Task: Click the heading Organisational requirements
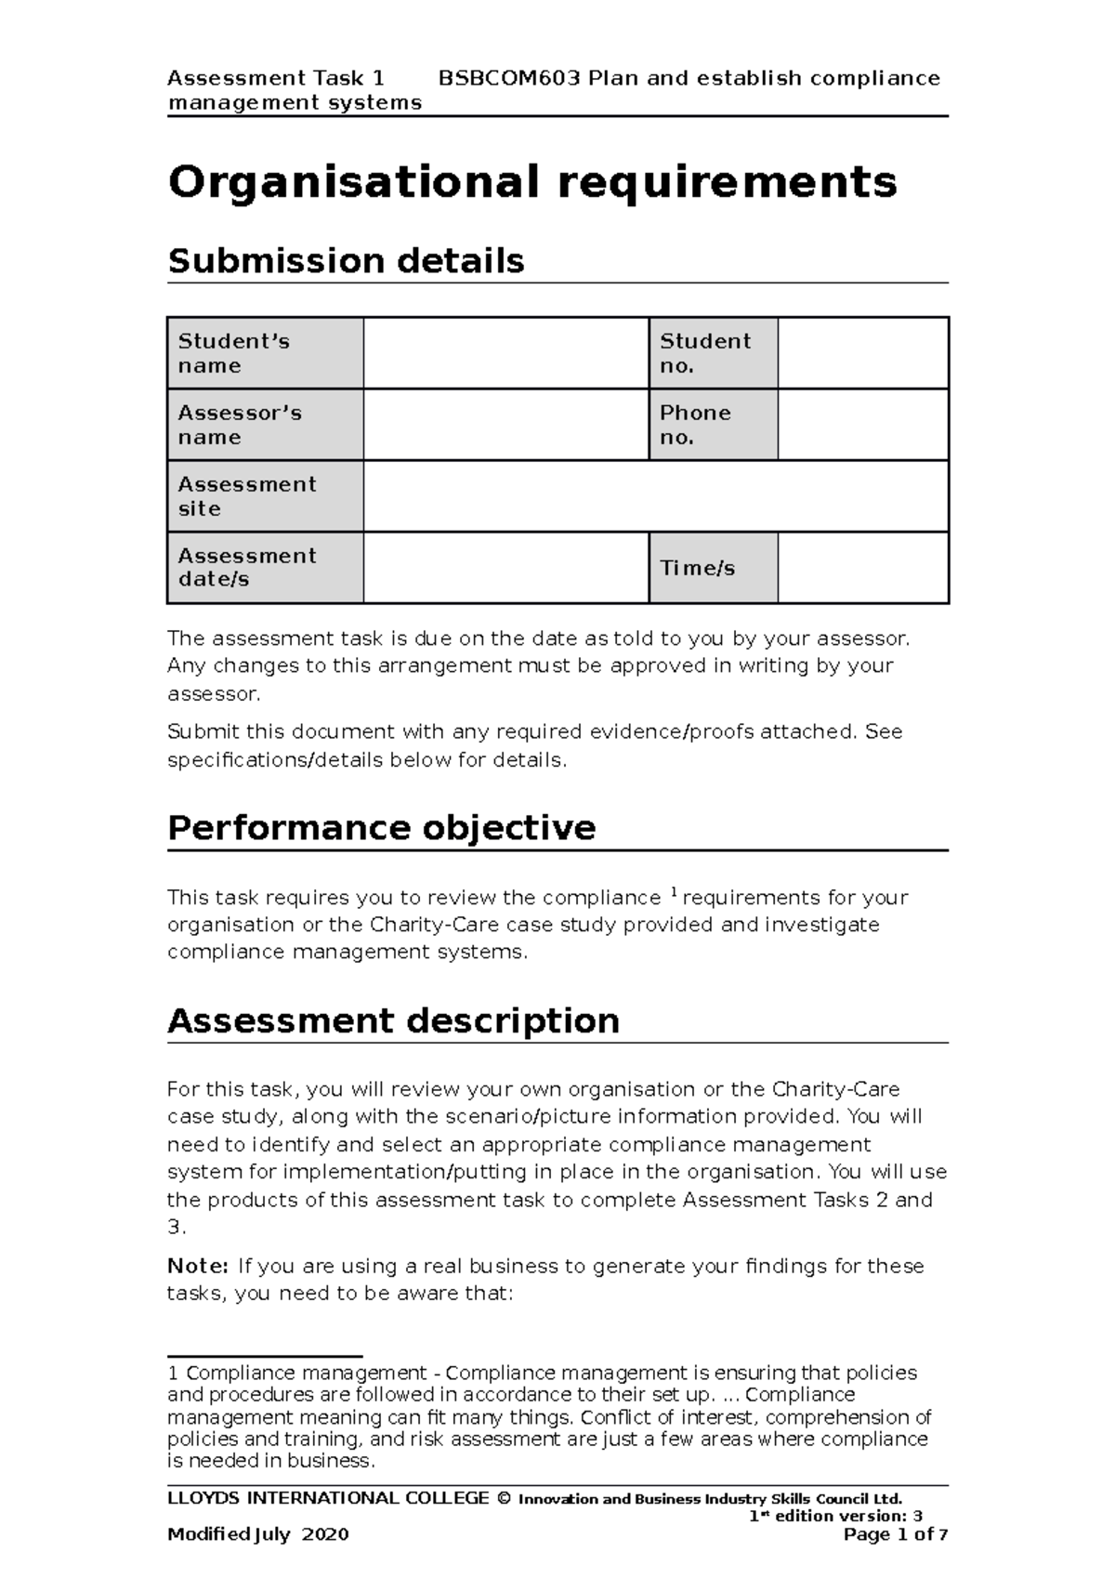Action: tap(531, 182)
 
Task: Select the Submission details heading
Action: tap(346, 261)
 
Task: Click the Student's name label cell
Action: tap(265, 353)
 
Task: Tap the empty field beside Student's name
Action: tap(505, 353)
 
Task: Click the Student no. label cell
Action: tap(713, 353)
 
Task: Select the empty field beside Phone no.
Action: tap(862, 425)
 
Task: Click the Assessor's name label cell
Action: tap(265, 425)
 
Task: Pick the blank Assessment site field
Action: tap(655, 496)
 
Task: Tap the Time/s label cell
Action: tap(713, 568)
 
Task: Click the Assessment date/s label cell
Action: tap(265, 568)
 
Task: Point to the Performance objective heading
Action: tap(381, 827)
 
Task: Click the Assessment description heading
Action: tap(393, 1020)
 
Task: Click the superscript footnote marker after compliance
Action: tap(673, 893)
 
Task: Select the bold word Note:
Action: tap(197, 1266)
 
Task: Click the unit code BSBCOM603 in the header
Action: tap(509, 78)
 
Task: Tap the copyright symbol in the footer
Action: tap(504, 1498)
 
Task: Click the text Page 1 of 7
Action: tap(895, 1533)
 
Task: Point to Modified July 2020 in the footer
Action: tap(257, 1533)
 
